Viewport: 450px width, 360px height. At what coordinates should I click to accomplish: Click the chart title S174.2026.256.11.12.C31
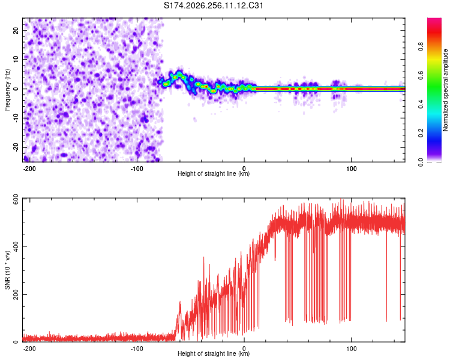point(213,5)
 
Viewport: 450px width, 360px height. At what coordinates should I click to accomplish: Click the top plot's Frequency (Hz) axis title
point(7,90)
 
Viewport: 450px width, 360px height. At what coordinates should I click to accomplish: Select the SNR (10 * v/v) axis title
point(7,270)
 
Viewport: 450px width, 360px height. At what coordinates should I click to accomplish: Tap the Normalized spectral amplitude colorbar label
point(445,90)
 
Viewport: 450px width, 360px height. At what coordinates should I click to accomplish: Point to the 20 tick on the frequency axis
point(16,31)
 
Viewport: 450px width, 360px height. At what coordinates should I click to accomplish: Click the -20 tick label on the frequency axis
point(16,147)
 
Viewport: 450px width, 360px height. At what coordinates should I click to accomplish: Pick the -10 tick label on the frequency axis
point(16,118)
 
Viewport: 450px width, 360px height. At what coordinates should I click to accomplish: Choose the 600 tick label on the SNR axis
point(16,201)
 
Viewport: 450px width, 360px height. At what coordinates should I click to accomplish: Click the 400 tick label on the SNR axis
point(16,247)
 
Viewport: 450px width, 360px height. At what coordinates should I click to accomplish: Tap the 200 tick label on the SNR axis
point(16,294)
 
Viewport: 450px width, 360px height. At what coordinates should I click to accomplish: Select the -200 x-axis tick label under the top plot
point(29,169)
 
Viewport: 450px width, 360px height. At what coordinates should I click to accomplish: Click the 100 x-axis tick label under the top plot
point(351,169)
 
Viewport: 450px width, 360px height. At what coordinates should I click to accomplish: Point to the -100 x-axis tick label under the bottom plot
point(137,349)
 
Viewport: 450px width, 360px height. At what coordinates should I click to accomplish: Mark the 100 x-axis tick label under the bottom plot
point(351,349)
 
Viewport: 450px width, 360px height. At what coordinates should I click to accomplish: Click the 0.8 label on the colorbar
point(421,47)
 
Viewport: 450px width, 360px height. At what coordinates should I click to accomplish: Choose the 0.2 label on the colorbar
point(421,133)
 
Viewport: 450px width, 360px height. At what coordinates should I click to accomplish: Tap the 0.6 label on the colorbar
point(421,75)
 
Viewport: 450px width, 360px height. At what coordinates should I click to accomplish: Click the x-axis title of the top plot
point(214,173)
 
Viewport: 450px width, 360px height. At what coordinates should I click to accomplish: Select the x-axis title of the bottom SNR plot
point(214,353)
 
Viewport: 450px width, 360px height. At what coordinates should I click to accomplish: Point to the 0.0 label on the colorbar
point(421,162)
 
